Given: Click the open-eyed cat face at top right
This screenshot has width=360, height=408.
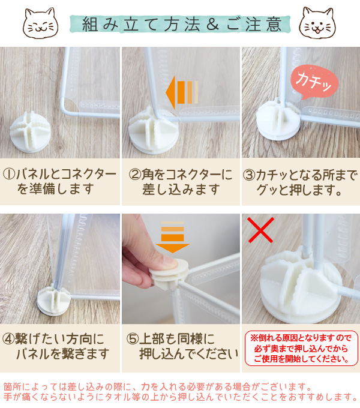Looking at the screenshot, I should [318, 22].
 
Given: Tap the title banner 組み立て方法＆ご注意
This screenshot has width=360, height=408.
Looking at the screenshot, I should [180, 24].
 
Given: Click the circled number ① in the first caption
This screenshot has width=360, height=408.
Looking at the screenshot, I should [10, 175].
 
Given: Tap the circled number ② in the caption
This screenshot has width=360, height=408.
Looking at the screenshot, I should [135, 175].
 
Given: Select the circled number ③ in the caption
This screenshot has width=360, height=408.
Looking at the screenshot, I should [250, 175].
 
